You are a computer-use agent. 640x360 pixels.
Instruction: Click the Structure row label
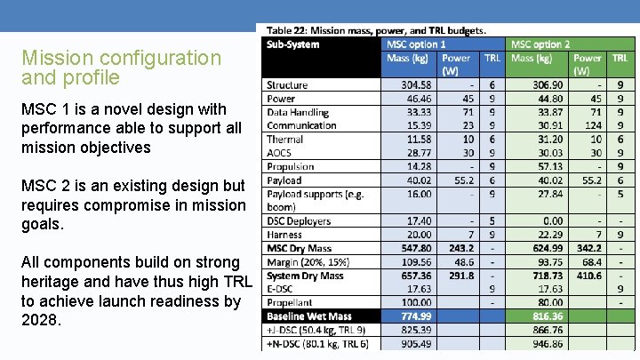(x=287, y=85)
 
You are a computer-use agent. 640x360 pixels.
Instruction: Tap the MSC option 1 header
(x=416, y=44)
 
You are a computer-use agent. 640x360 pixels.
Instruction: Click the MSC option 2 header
(x=540, y=44)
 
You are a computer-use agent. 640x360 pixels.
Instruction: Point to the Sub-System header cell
(x=293, y=44)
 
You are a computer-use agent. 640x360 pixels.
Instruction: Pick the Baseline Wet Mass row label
(x=309, y=316)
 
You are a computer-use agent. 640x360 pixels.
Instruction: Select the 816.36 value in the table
(x=544, y=316)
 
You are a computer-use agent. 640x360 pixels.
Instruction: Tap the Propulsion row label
(x=291, y=166)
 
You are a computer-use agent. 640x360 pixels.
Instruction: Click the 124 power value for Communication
(x=594, y=126)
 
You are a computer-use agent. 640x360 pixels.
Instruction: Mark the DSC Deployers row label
(x=299, y=221)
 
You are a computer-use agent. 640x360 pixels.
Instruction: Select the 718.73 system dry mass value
(x=544, y=276)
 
